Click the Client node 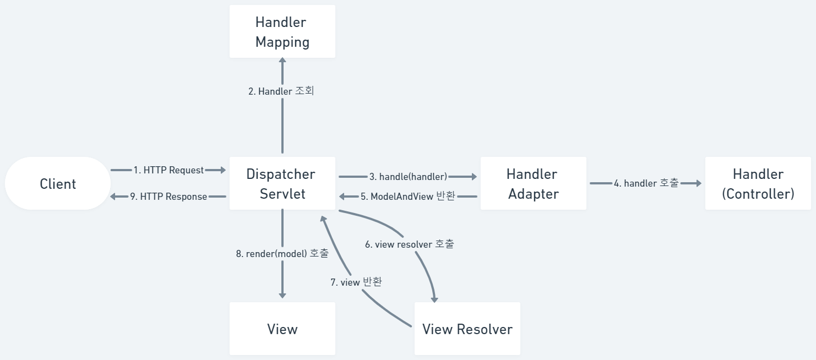coord(58,184)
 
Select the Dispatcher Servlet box coord(282,184)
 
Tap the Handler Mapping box coord(282,32)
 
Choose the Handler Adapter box coord(533,184)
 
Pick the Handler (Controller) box coord(758,184)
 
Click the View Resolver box coord(467,329)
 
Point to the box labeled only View coord(282,329)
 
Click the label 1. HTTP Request coord(168,170)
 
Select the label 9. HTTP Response coord(168,197)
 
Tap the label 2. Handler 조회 coord(281,91)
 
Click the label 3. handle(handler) coord(408,177)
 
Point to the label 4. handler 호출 coord(646,183)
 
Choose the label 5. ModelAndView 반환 coord(408,197)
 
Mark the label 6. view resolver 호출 coord(410,244)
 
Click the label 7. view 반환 coord(356,282)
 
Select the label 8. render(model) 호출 coord(282,253)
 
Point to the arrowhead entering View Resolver coord(434,298)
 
